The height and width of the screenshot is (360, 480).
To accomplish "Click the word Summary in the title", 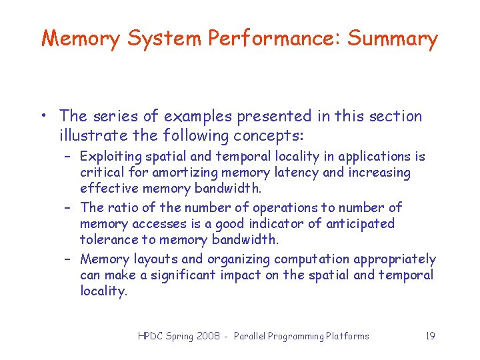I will tap(393, 39).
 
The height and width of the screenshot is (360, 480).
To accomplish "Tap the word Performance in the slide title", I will tap(274, 39).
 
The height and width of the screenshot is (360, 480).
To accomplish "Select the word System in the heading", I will tap(163, 39).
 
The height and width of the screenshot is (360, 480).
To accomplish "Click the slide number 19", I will tap(430, 336).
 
